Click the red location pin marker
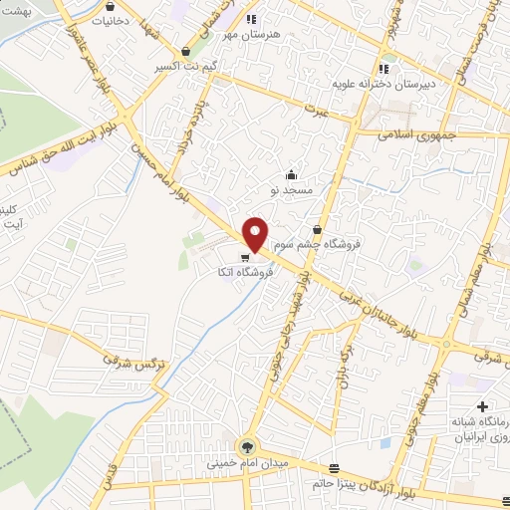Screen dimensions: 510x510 pyautogui.click(x=256, y=233)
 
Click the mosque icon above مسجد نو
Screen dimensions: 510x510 pyautogui.click(x=291, y=175)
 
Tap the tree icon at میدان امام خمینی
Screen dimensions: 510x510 pyautogui.click(x=246, y=445)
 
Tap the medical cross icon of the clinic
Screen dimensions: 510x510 pyautogui.click(x=482, y=407)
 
